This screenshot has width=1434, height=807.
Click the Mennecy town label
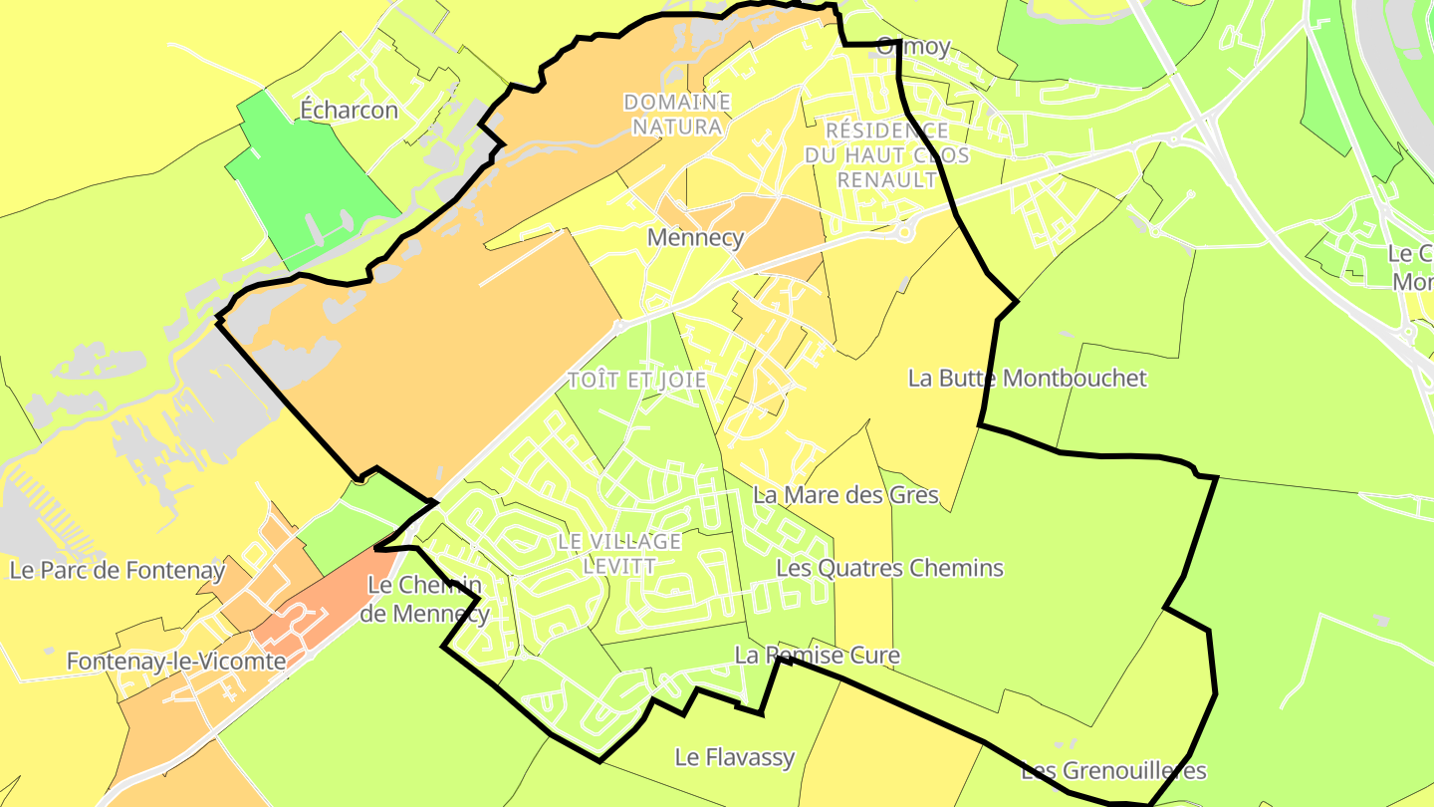695,238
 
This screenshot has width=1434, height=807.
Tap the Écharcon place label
350,111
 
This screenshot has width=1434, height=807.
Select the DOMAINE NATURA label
677,115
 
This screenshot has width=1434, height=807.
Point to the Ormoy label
913,47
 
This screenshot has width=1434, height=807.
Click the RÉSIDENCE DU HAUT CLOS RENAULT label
886,155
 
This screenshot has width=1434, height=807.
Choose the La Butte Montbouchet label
1027,379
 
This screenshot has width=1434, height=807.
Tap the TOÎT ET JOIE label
636,381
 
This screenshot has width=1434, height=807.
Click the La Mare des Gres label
845,495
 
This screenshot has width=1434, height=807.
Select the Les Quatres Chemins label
889,569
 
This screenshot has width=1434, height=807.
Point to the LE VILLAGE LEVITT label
619,554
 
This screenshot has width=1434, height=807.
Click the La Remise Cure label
817,656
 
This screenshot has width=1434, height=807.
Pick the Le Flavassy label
735,757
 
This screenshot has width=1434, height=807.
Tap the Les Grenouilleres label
1113,771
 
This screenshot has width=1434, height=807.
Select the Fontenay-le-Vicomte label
176,662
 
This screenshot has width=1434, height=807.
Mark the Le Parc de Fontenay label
118,571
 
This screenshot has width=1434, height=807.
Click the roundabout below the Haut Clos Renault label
904,232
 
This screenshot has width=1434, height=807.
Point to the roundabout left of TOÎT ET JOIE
619,326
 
